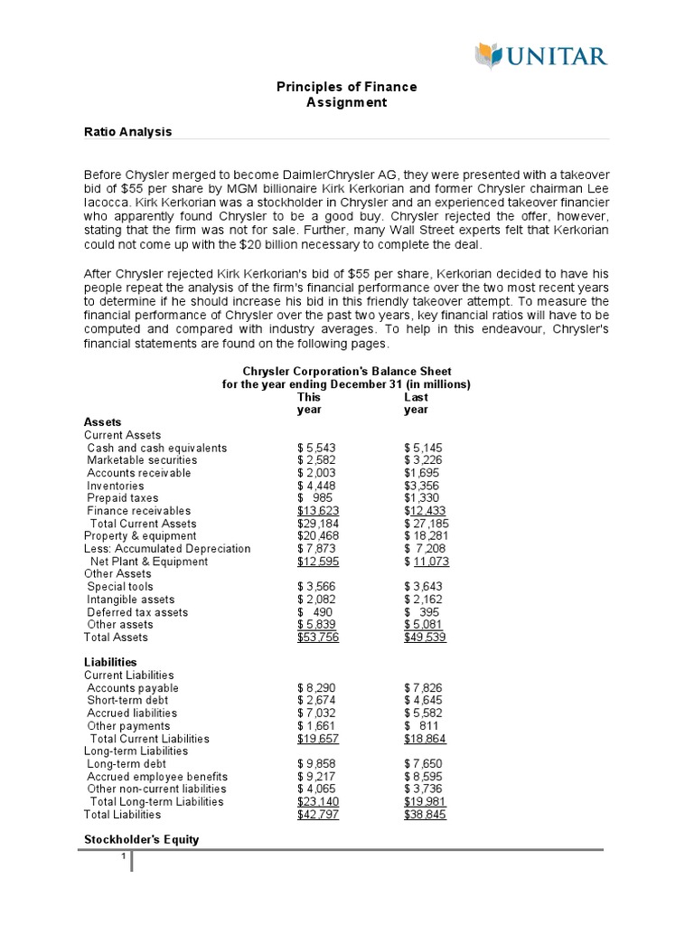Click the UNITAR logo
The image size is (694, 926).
point(541,57)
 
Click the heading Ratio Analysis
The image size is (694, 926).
point(127,132)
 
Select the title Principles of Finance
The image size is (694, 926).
point(346,87)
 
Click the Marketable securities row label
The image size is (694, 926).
point(144,460)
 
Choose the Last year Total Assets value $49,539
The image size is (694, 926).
point(426,638)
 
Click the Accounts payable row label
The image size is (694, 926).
point(133,688)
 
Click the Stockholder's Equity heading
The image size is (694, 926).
point(141,839)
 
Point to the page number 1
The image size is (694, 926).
point(122,857)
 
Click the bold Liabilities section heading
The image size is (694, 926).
point(110,663)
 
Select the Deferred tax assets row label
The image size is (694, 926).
point(137,612)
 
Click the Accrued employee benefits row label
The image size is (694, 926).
point(157,777)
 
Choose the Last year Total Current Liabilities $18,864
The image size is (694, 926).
point(426,739)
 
